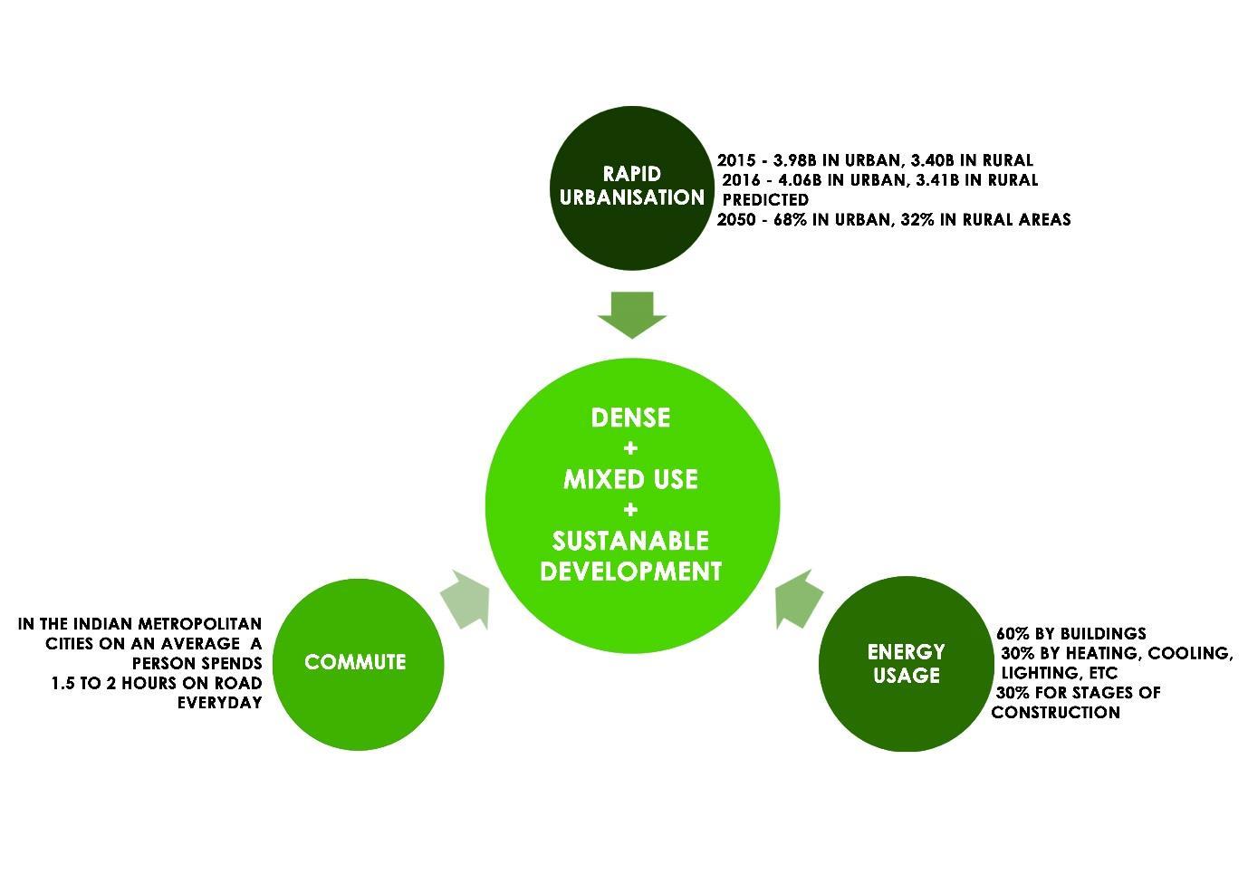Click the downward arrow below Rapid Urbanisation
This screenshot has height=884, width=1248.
[x=632, y=313]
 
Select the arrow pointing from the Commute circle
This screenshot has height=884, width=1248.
[x=466, y=600]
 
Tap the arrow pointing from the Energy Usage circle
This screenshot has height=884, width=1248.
[x=799, y=599]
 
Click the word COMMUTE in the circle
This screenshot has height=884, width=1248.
[x=355, y=662]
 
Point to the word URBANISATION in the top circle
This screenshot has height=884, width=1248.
[x=632, y=197]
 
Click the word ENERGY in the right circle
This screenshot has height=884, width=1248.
[x=906, y=652]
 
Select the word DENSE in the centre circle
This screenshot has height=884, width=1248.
[x=630, y=418]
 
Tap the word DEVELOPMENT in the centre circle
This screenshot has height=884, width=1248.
[x=630, y=572]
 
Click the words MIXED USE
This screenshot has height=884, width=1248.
[x=630, y=479]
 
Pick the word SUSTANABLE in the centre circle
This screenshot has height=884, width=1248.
[x=630, y=541]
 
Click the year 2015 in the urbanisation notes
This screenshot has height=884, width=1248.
[x=735, y=160]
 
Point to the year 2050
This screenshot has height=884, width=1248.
[x=735, y=219]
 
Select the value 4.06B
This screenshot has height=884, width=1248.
[x=798, y=180]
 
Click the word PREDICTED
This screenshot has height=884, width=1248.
[x=765, y=199]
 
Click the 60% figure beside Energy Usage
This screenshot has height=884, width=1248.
[x=1012, y=633]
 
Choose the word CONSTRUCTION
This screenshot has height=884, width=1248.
[x=1055, y=713]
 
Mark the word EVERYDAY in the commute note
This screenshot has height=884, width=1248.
[x=219, y=703]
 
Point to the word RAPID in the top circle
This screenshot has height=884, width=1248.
[x=632, y=173]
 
